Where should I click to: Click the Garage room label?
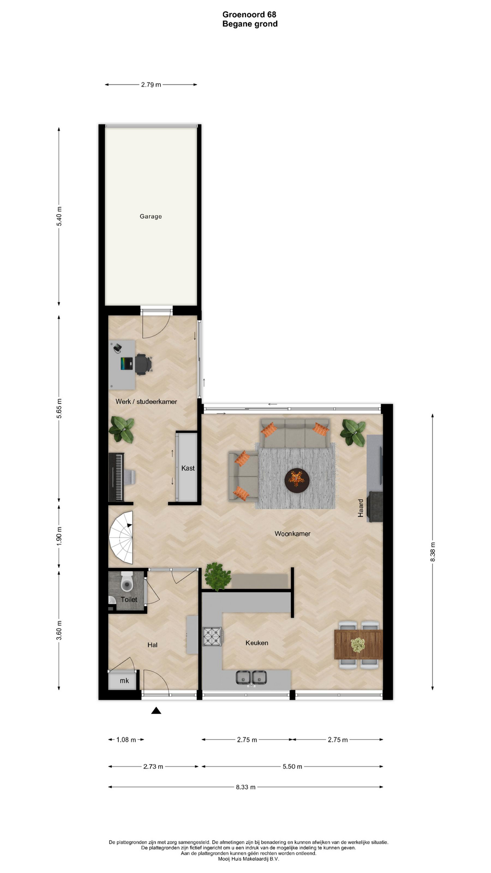pos(150,216)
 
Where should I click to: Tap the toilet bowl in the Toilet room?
pos(127,581)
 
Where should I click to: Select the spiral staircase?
pos(121,537)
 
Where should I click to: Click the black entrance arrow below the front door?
pos(156,710)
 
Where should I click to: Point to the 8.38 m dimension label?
pos(433,552)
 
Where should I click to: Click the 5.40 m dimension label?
pos(59,216)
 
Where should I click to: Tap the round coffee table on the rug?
pos(297,479)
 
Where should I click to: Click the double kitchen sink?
pos(251,677)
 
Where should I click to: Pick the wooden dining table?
pos(358,644)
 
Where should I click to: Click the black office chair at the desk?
pos(143,364)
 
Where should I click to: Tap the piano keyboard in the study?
pos(117,477)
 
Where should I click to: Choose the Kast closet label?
pos(188,468)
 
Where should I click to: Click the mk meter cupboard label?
pos(124,681)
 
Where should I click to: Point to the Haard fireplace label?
pos(361,508)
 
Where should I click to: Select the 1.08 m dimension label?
pos(126,740)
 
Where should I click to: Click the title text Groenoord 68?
pos(250,15)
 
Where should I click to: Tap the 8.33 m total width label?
pos(245,787)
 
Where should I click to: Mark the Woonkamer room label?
pos(292,534)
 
